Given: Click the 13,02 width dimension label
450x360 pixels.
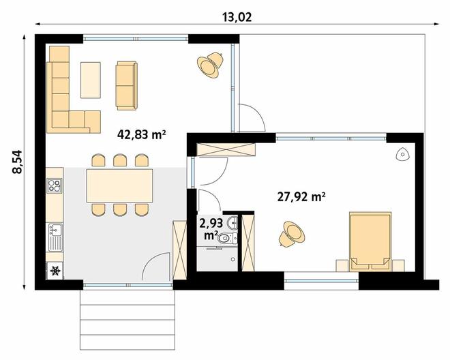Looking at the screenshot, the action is click(x=237, y=17).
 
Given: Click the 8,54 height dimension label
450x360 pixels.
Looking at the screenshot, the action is click(x=17, y=162).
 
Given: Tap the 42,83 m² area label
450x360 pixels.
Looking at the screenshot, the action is click(x=142, y=134).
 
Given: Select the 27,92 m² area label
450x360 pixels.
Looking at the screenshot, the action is click(x=301, y=197).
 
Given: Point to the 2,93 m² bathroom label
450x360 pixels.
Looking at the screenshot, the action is click(x=211, y=229).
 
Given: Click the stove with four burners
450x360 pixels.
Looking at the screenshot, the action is click(x=55, y=185).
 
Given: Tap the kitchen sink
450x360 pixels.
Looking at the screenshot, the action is click(x=55, y=237).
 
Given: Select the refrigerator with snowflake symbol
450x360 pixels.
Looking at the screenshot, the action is click(x=55, y=271).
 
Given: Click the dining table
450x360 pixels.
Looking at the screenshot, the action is click(x=119, y=185).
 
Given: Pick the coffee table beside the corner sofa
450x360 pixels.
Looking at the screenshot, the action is click(x=91, y=80).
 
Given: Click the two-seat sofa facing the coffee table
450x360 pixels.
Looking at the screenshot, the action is click(x=127, y=85).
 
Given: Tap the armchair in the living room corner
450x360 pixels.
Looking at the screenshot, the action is click(x=210, y=65).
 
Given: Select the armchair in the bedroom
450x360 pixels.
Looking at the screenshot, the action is click(x=292, y=234).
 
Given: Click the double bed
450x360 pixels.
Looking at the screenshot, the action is click(x=370, y=242).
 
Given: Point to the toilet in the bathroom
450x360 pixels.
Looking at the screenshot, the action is click(x=226, y=238).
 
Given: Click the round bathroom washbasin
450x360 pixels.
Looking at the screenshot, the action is click(x=232, y=224).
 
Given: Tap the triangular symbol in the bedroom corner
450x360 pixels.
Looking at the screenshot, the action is click(x=403, y=155).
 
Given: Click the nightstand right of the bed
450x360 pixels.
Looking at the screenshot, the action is click(x=398, y=265).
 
